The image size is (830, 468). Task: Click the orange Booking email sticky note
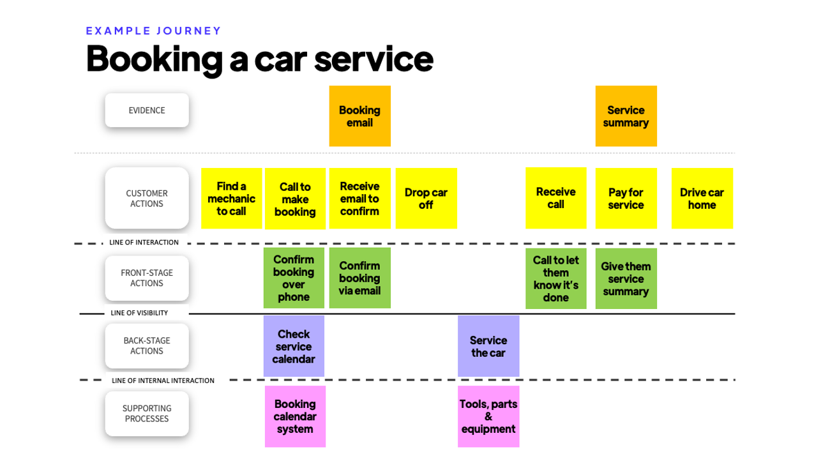pos(359,116)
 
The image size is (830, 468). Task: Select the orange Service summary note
pos(626,116)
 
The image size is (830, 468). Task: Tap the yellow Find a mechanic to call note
pos(231,199)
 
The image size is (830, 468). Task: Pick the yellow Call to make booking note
pos(295,199)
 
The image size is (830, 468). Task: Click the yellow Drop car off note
pos(426,199)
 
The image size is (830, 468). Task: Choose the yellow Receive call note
pos(555,198)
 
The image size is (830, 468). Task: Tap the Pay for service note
pos(626,199)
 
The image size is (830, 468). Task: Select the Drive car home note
pos(702,199)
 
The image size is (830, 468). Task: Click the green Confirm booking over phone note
pos(294,278)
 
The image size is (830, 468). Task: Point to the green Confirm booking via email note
pos(359,278)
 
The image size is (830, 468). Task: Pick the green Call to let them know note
pos(555,278)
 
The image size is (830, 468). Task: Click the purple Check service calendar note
pos(294,346)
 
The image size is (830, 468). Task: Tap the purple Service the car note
pos(488,346)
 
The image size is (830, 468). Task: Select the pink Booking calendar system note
pos(295,416)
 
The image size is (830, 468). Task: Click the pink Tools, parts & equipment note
pos(488,416)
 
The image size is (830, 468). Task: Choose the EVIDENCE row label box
pos(147,110)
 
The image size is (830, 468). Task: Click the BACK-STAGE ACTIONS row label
pos(147,346)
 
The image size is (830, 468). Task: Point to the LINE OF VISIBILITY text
pos(139,313)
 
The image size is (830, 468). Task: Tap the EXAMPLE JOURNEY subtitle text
pos(153,31)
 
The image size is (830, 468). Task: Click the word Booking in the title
pos(153,59)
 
